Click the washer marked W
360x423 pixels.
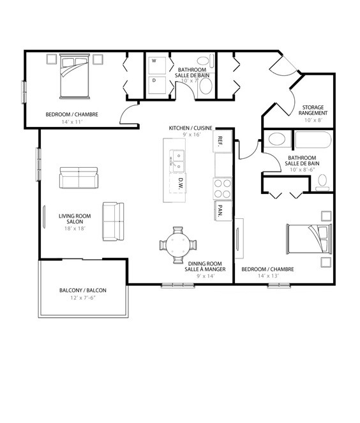coord(157,65)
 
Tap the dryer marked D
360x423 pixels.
coord(157,85)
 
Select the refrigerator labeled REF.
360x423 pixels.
coord(223,142)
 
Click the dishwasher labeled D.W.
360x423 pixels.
coord(178,183)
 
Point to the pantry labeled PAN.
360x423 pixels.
coord(223,211)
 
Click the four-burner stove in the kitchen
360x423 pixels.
coord(222,189)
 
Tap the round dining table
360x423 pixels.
coord(178,245)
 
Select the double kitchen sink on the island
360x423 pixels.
coord(177,161)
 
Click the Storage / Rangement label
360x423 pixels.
coord(313,110)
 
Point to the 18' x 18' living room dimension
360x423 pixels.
coord(75,228)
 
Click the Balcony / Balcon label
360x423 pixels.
coord(83,290)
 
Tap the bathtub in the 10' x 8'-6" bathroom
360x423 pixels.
coord(313,140)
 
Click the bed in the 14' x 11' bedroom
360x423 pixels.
coord(75,76)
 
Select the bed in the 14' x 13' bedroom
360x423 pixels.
coord(309,239)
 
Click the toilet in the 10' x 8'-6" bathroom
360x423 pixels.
coord(322,182)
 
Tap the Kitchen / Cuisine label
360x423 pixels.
coord(190,128)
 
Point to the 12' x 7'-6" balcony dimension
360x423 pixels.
coord(83,298)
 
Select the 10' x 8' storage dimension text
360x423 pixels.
coord(313,120)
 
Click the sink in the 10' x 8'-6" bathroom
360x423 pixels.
coord(276,139)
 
